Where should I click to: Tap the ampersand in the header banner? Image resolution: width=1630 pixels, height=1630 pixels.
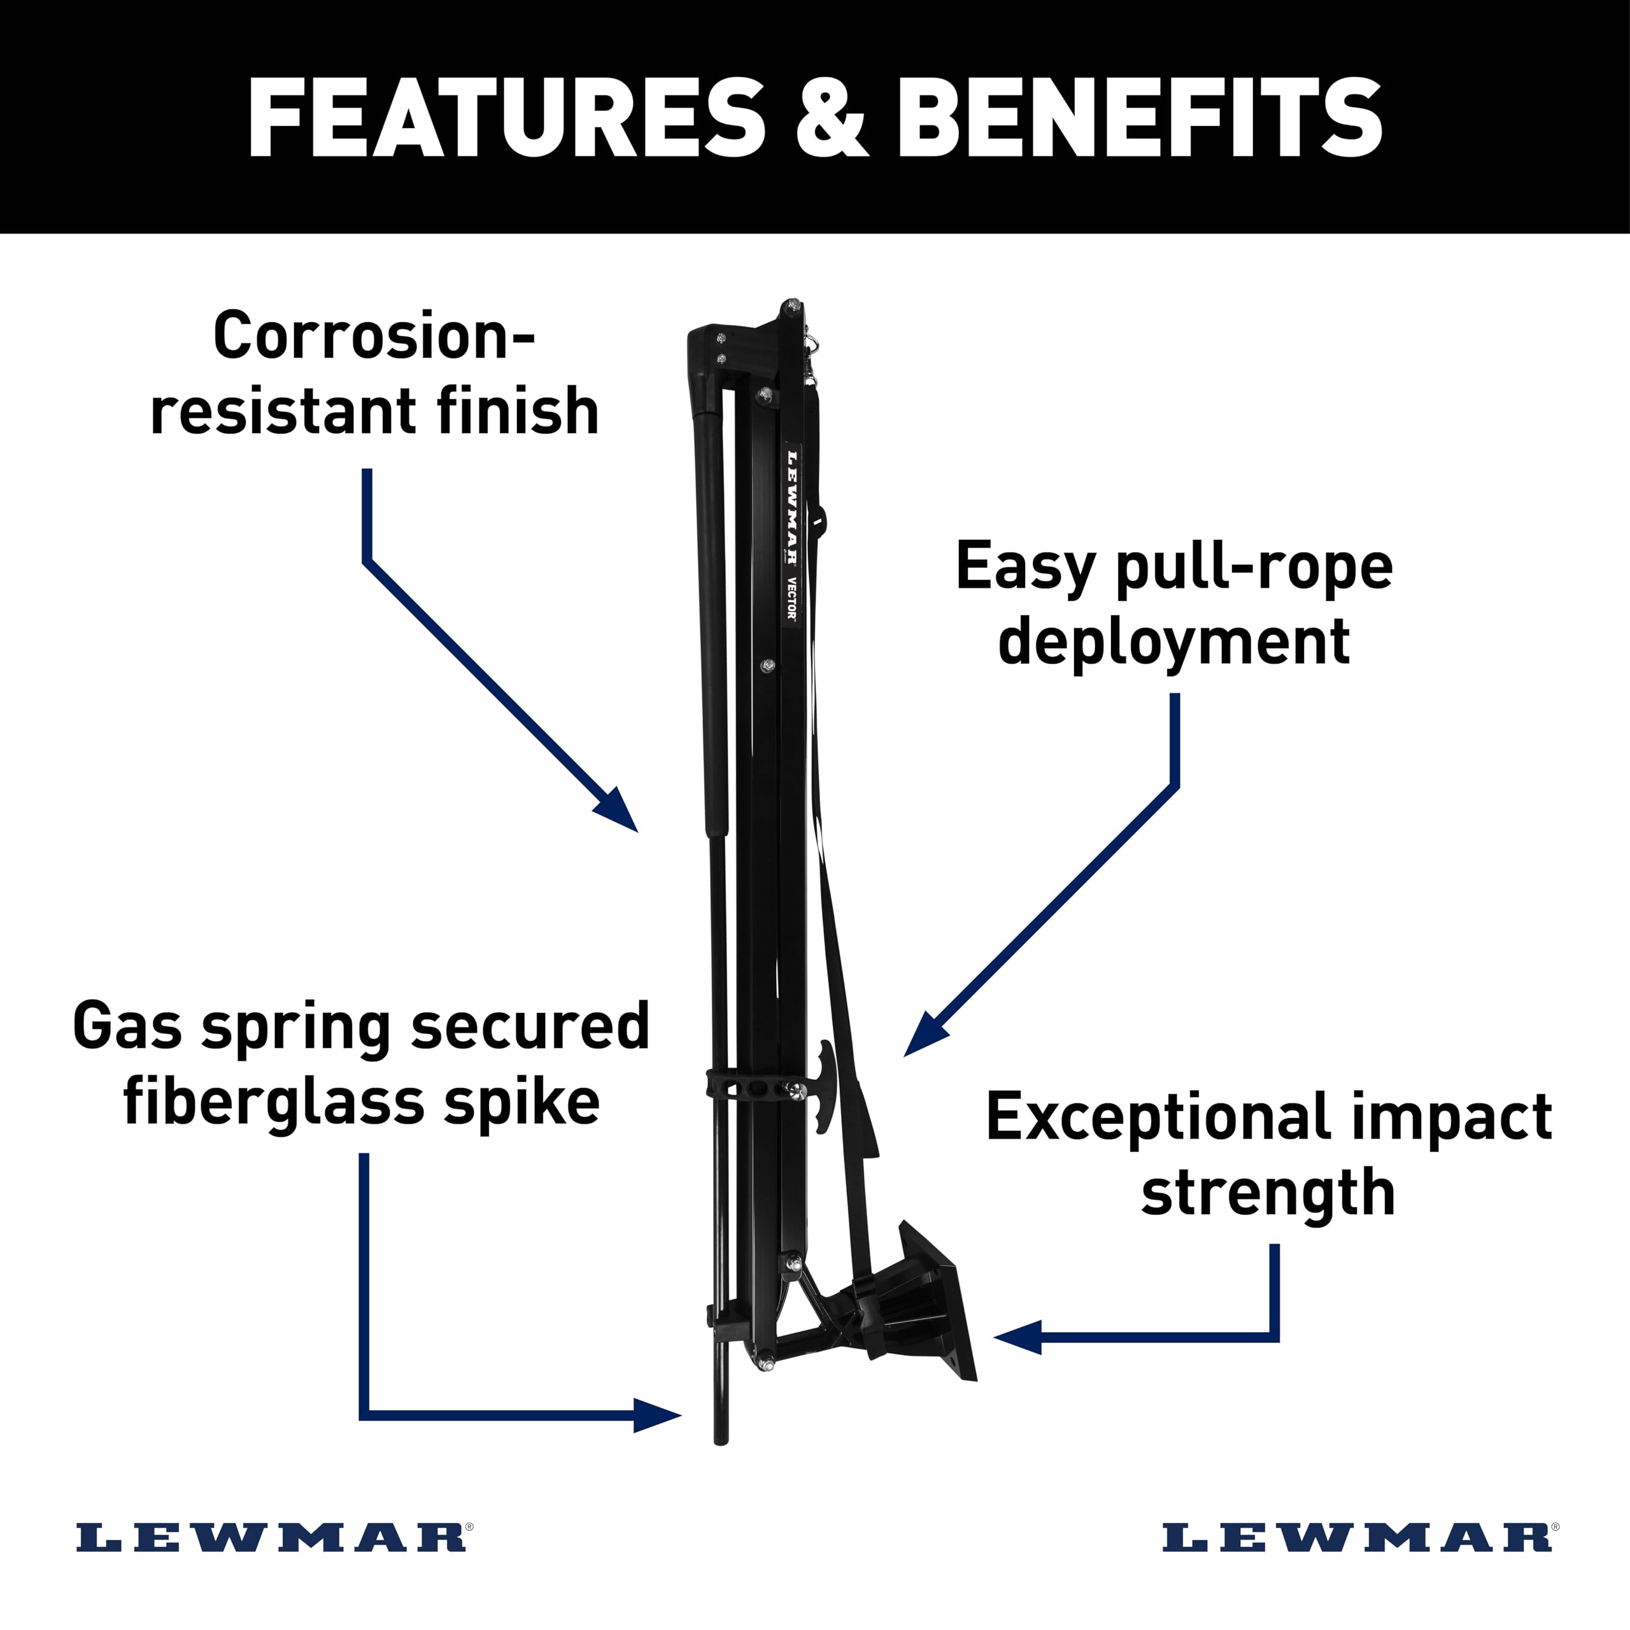[831, 118]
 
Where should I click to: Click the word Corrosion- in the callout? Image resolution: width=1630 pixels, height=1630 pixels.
[374, 335]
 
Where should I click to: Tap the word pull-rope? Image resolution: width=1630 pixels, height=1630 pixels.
[1254, 569]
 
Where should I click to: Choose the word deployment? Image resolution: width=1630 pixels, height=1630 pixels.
[1173, 644]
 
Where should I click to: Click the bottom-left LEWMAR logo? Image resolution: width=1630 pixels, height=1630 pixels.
[272, 1537]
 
